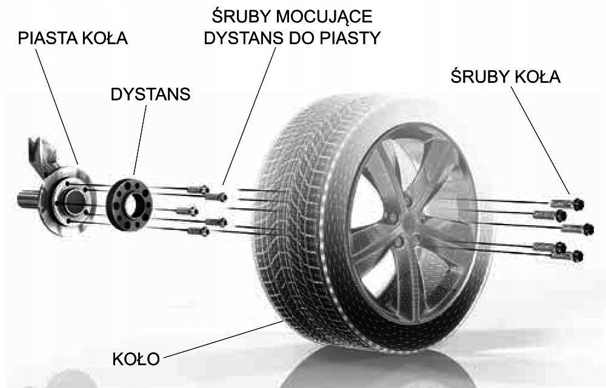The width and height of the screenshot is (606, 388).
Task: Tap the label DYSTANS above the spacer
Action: point(150,95)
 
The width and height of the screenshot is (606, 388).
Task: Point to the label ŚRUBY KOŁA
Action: point(505,77)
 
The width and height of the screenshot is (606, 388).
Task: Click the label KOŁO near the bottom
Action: point(136,359)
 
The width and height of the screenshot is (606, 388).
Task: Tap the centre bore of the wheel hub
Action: point(75,201)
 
